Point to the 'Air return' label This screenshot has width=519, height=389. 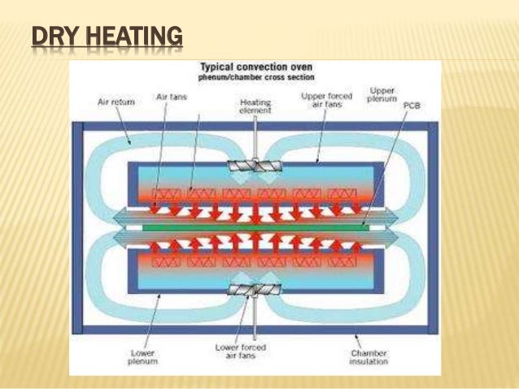point(113,102)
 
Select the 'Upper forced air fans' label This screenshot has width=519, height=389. point(325,99)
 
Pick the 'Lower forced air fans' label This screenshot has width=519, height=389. point(255,351)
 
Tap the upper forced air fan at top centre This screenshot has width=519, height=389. point(255,165)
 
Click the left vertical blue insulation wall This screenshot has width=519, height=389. point(77,227)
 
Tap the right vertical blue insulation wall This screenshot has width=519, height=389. point(433,227)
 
